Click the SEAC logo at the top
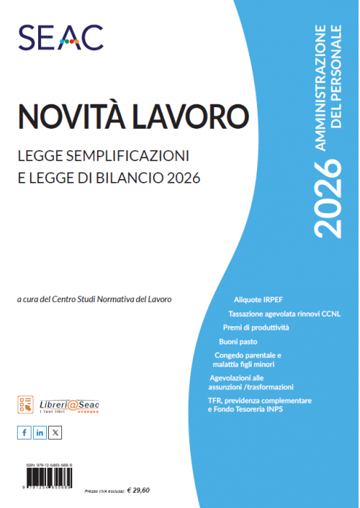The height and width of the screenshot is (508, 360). [x=60, y=37]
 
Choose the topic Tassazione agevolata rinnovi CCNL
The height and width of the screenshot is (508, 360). [x=284, y=314]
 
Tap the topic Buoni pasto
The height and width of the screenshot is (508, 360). [x=238, y=341]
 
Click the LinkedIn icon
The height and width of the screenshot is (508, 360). [x=40, y=432]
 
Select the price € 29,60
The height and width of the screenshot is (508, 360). [x=138, y=490]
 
